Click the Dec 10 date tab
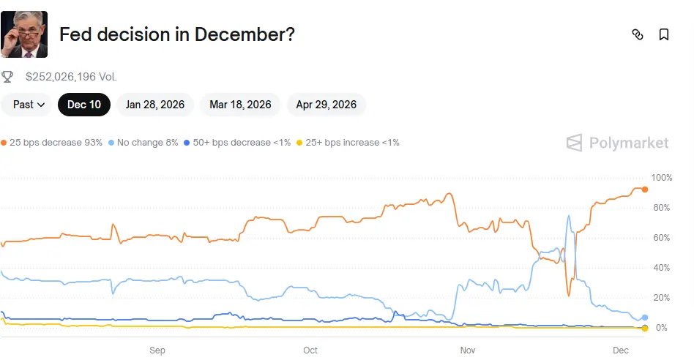tap(84, 105)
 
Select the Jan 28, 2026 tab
tap(155, 105)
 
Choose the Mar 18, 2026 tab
tap(240, 105)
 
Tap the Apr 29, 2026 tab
tap(326, 105)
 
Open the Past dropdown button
tap(29, 105)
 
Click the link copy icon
tap(638, 34)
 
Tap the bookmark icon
tap(664, 34)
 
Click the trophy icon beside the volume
tap(7, 76)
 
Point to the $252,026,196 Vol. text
tap(71, 76)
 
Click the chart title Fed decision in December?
tap(176, 34)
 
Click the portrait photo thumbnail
tap(24, 34)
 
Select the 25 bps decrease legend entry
tap(53, 143)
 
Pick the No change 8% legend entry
tap(143, 143)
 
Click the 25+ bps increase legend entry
tap(348, 143)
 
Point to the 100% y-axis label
tap(661, 178)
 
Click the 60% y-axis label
tap(661, 238)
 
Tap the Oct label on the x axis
tap(310, 350)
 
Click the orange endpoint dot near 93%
tap(645, 190)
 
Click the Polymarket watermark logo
tap(619, 143)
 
